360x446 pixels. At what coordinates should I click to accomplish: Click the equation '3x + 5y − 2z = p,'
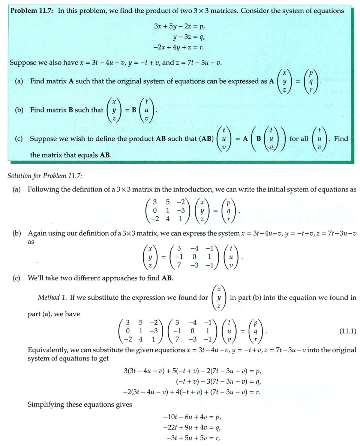(180, 27)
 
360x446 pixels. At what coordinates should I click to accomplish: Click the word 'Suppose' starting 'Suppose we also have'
(22, 62)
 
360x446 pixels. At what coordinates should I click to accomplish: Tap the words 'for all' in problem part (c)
(298, 138)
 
